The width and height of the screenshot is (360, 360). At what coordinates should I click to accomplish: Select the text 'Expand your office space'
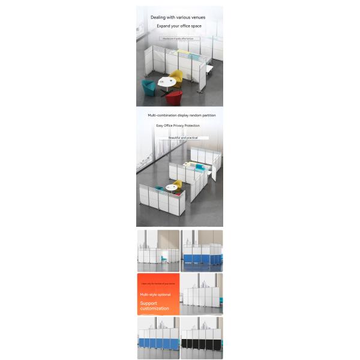(179, 26)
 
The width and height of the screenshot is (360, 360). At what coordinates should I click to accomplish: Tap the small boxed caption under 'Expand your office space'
(179, 38)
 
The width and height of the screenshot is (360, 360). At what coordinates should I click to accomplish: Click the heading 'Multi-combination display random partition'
(182, 115)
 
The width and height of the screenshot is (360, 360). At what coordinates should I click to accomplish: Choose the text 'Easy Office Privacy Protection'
(178, 125)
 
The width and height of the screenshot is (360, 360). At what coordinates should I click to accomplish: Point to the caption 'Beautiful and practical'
(183, 137)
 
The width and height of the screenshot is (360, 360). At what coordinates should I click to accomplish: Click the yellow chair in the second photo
(178, 184)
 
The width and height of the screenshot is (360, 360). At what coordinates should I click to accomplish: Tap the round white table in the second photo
(172, 188)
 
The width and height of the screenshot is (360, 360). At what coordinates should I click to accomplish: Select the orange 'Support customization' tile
(158, 294)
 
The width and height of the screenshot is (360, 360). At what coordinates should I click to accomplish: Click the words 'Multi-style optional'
(155, 295)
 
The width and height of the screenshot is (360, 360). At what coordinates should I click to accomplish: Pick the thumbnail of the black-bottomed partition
(202, 338)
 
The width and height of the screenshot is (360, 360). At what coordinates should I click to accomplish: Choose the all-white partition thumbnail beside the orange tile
(202, 294)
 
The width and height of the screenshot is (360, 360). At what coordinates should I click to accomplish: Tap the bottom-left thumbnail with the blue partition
(158, 338)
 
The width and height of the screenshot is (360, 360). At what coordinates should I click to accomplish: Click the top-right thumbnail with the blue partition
(202, 251)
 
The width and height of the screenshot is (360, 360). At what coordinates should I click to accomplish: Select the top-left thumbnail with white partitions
(158, 251)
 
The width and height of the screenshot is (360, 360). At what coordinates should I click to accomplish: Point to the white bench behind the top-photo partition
(210, 70)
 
